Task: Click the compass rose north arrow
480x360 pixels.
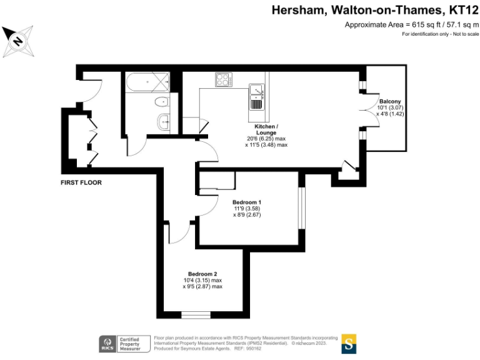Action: [x=17, y=41]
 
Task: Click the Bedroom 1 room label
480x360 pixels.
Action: [x=246, y=202]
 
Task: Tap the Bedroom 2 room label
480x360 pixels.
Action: [x=202, y=274]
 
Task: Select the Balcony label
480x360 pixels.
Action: [x=390, y=101]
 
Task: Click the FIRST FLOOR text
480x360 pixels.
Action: [x=81, y=183]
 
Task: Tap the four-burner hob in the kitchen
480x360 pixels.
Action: [x=223, y=79]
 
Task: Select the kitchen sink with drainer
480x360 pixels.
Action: [x=256, y=96]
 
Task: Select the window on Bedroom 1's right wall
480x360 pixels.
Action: [x=301, y=207]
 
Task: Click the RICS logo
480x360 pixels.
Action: [x=106, y=343]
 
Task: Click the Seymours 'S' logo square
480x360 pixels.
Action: [x=349, y=343]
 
